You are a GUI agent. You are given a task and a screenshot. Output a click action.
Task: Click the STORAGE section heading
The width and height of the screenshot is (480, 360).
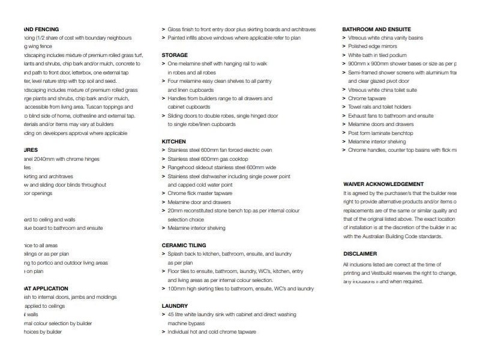[x=175, y=55]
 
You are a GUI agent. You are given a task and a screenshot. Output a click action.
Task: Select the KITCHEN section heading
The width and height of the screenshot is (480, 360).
[x=174, y=141]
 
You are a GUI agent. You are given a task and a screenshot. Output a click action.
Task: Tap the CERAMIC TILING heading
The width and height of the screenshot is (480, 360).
[x=184, y=245]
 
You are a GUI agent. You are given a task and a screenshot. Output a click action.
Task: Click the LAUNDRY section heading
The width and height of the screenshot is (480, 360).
[x=175, y=306]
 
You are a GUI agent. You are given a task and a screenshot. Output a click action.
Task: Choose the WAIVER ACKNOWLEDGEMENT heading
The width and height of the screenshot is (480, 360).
[x=383, y=184]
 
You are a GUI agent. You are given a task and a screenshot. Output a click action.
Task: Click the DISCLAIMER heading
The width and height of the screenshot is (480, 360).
[x=360, y=254]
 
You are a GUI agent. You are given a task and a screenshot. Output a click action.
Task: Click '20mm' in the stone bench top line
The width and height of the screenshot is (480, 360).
[x=175, y=211]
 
